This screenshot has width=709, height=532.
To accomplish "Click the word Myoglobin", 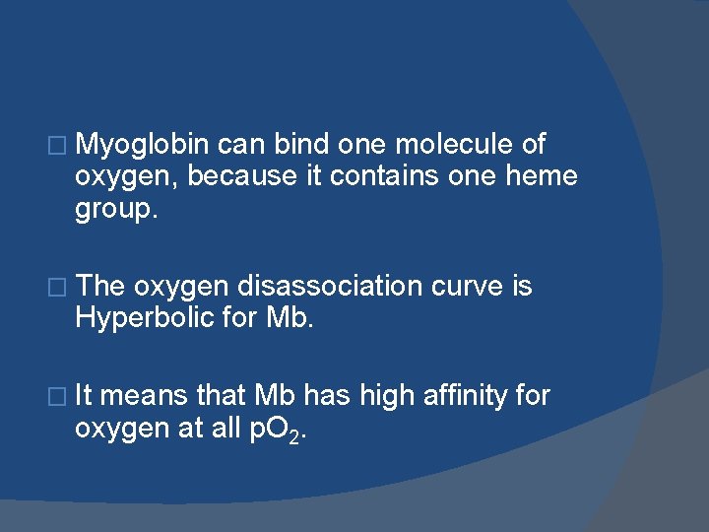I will coord(142,146).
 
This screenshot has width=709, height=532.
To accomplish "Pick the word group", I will coord(115,209).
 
